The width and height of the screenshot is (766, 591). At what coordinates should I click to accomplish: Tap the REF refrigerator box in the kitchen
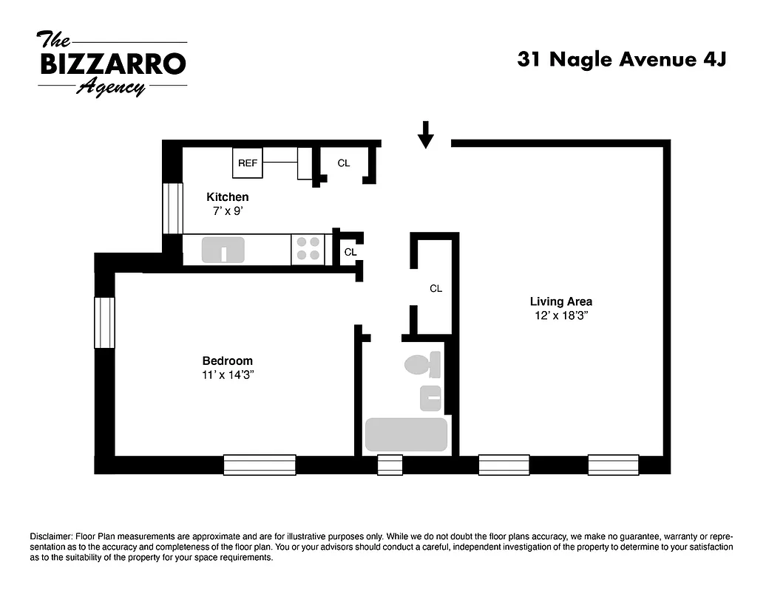248,163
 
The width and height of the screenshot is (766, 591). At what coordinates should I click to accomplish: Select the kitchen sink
223,250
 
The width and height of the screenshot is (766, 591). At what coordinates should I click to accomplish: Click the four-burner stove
309,249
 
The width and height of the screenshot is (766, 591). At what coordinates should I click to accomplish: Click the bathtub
406,434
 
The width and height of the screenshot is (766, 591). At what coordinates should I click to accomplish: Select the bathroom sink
430,398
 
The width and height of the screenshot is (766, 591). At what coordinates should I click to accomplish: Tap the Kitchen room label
227,197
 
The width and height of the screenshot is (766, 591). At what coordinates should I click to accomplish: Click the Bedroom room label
227,361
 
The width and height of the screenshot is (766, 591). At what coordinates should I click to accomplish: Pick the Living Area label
560,301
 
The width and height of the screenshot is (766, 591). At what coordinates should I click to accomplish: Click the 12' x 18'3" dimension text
560,315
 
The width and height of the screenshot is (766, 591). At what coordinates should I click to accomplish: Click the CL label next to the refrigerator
344,163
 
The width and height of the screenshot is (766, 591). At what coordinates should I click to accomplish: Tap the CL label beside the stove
350,252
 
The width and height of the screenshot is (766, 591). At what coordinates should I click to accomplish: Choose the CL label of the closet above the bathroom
435,289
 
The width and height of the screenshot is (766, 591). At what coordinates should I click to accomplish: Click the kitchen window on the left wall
172,208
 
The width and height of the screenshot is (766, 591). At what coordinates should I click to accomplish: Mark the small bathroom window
390,465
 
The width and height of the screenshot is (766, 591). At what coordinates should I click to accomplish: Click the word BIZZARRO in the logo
112,64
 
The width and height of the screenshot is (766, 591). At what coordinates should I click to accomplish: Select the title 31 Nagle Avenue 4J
621,60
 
